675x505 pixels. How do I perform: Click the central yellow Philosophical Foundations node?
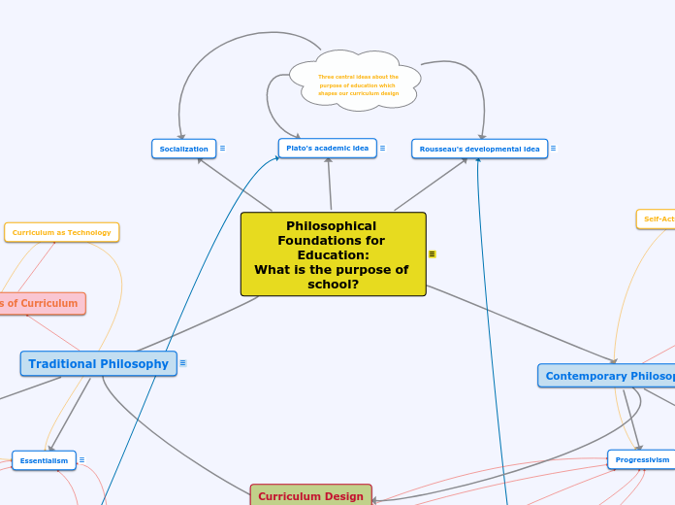[x=333, y=253]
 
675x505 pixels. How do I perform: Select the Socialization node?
[x=183, y=149]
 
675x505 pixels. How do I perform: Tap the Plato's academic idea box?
[x=327, y=148]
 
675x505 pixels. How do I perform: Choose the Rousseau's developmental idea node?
[x=479, y=149]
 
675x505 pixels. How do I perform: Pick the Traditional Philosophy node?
[x=98, y=364]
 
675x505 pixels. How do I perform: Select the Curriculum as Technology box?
[x=61, y=232]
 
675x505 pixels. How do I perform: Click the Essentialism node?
[x=44, y=460]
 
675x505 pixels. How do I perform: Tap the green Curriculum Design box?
[x=310, y=495]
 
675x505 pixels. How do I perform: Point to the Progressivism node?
[x=642, y=459]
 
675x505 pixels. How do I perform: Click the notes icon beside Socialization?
[x=222, y=149]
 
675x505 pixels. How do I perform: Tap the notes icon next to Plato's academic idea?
[x=382, y=148]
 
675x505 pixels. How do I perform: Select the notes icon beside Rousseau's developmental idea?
[x=553, y=149]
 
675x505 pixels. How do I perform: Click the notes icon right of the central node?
[x=432, y=254]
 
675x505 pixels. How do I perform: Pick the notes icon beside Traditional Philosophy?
[x=182, y=363]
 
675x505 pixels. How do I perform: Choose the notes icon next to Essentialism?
[x=81, y=460]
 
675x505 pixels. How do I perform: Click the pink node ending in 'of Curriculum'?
[x=41, y=303]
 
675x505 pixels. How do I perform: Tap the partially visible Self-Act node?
[x=657, y=219]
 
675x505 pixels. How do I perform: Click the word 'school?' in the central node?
[x=333, y=285]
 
